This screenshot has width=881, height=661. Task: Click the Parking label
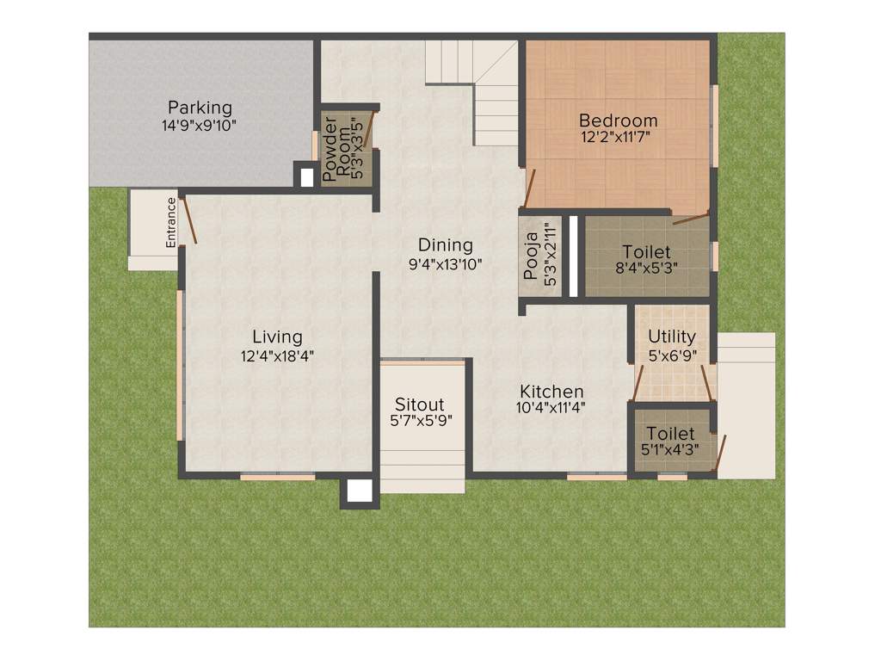tap(200, 108)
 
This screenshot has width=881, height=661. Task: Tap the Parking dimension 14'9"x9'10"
tap(200, 125)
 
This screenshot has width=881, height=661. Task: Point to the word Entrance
tap(171, 223)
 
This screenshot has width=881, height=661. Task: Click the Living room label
tap(277, 337)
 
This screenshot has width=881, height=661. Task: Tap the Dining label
tap(446, 245)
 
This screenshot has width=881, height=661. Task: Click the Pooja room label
tap(531, 256)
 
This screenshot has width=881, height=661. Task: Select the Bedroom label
tap(618, 120)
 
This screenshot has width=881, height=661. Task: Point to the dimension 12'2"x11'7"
tap(618, 138)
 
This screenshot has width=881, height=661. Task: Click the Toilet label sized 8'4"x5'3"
tap(646, 252)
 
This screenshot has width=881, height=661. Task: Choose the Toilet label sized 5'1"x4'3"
tap(670, 433)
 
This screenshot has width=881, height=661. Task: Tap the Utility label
tap(672, 337)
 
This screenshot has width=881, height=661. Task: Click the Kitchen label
tap(551, 392)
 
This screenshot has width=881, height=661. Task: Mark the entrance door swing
tap(188, 219)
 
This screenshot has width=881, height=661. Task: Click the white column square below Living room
tap(359, 491)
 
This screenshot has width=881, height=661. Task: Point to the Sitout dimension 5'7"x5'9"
tap(421, 421)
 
